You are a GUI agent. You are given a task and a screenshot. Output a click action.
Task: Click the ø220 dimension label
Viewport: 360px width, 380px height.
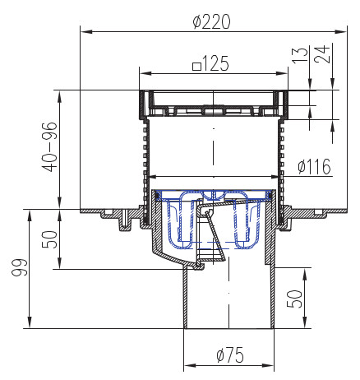[x=211, y=21]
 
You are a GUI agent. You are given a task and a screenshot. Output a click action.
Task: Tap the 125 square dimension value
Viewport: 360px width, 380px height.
[x=215, y=63]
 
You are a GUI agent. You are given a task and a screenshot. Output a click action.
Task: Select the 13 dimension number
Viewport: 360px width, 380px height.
[x=300, y=56]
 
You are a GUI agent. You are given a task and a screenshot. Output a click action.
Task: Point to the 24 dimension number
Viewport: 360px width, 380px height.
[x=322, y=54]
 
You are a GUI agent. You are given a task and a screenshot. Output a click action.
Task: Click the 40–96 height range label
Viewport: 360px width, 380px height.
[x=50, y=146]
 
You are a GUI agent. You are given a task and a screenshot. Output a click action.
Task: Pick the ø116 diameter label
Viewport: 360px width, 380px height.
[x=314, y=166]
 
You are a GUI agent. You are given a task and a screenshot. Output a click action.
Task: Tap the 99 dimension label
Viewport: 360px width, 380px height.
[x=20, y=267]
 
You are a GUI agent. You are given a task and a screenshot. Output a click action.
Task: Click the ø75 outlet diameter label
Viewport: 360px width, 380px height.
[x=230, y=355]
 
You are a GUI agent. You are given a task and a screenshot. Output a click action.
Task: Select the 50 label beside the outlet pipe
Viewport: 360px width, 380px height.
[x=294, y=299]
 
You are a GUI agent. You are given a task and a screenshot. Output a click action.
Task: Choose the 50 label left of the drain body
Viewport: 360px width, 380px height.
[x=50, y=239]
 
